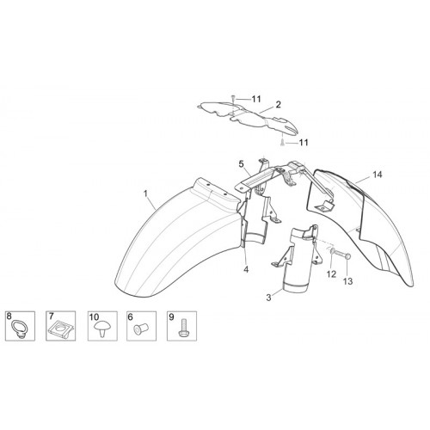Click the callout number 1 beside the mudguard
(145, 193)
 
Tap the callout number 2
(278, 105)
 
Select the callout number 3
(268, 298)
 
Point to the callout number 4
(246, 270)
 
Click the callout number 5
(241, 164)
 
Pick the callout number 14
(378, 175)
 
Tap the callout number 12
(331, 274)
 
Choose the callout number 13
(347, 281)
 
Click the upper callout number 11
(256, 99)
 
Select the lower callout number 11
(304, 143)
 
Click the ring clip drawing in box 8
(17, 329)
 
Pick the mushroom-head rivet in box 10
(102, 329)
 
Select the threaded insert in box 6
(140, 329)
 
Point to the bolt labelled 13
(343, 255)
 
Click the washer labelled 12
(332, 251)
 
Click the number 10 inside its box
(94, 317)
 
